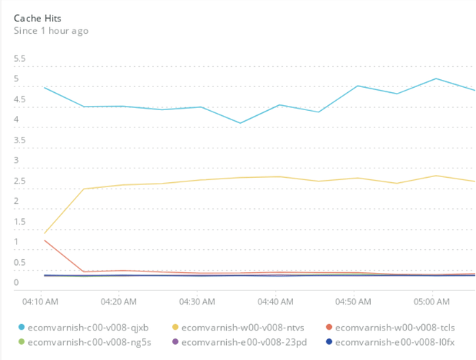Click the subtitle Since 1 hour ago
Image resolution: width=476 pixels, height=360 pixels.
[x=51, y=31]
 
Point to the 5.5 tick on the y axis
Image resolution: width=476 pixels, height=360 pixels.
[x=20, y=59]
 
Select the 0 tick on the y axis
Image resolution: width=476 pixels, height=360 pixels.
[x=17, y=282]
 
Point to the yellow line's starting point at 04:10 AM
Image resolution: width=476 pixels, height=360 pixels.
[x=45, y=233]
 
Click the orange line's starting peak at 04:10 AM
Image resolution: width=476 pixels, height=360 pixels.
[x=45, y=240]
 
